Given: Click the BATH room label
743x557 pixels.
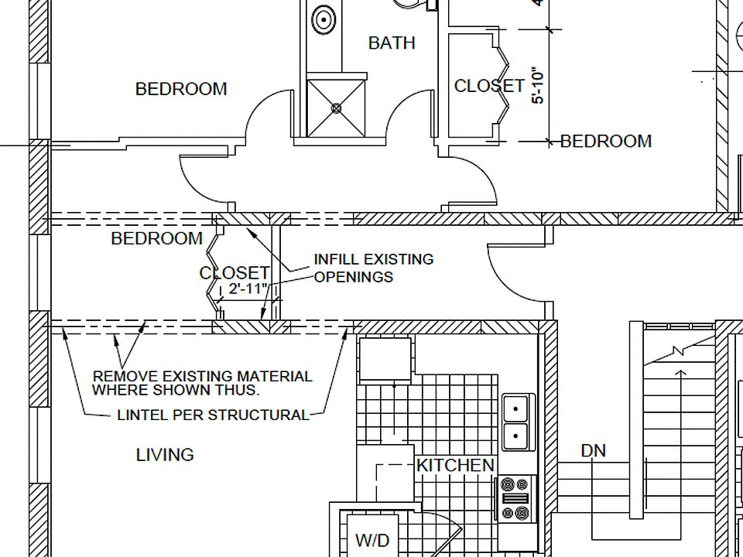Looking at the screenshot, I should [392, 43].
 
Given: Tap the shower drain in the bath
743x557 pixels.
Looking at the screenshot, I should [337, 108].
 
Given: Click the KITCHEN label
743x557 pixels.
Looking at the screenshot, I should [455, 465].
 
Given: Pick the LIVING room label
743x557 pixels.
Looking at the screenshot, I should [165, 455].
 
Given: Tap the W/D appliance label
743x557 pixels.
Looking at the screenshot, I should [372, 540].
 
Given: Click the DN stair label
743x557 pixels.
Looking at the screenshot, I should [594, 450].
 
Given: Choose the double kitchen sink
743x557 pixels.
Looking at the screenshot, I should [516, 422].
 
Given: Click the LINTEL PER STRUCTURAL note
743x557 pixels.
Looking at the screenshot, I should [213, 415].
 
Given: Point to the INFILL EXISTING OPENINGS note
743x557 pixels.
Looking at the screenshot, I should [373, 268].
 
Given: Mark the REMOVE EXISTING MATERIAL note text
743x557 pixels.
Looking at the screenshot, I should [202, 383].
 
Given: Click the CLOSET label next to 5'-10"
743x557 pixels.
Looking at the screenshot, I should [489, 86].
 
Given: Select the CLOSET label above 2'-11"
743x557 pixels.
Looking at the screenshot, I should [235, 273].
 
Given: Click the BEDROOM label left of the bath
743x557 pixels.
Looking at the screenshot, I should [181, 89].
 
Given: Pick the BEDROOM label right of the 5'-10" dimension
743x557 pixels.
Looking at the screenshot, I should [606, 141].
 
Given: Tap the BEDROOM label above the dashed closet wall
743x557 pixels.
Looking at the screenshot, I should [157, 238].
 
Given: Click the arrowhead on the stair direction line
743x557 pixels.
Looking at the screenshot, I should [680, 374].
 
